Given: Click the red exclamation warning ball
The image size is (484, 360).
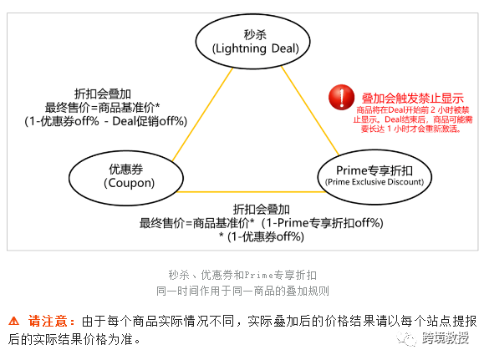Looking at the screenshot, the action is (x=341, y=97).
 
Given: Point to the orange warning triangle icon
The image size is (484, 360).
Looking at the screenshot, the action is (x=13, y=321).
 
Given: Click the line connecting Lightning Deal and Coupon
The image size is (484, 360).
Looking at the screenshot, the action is (x=202, y=114).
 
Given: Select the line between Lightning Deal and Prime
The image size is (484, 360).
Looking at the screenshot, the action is (x=310, y=111).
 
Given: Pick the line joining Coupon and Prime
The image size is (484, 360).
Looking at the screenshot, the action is (x=251, y=192).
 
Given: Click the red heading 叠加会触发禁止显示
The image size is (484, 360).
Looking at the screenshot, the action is (x=413, y=99).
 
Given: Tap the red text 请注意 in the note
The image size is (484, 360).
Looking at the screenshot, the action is (x=48, y=321).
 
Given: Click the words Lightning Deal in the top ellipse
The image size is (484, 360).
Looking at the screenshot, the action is (x=256, y=48).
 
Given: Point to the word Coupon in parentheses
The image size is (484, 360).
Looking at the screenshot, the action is (x=129, y=183).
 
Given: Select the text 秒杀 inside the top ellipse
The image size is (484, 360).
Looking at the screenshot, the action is (x=255, y=34).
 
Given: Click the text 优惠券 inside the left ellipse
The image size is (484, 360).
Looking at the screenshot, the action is (x=126, y=169).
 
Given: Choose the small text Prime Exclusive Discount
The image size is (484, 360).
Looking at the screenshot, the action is (x=374, y=182).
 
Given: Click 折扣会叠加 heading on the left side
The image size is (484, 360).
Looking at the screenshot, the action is (x=103, y=94).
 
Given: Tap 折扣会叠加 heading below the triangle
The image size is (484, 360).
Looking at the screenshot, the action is (x=261, y=210).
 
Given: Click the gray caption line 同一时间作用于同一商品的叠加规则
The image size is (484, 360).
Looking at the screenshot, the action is (x=242, y=291).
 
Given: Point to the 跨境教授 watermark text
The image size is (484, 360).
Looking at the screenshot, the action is (x=446, y=338).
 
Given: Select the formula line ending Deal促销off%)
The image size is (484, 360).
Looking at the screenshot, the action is (x=106, y=121).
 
